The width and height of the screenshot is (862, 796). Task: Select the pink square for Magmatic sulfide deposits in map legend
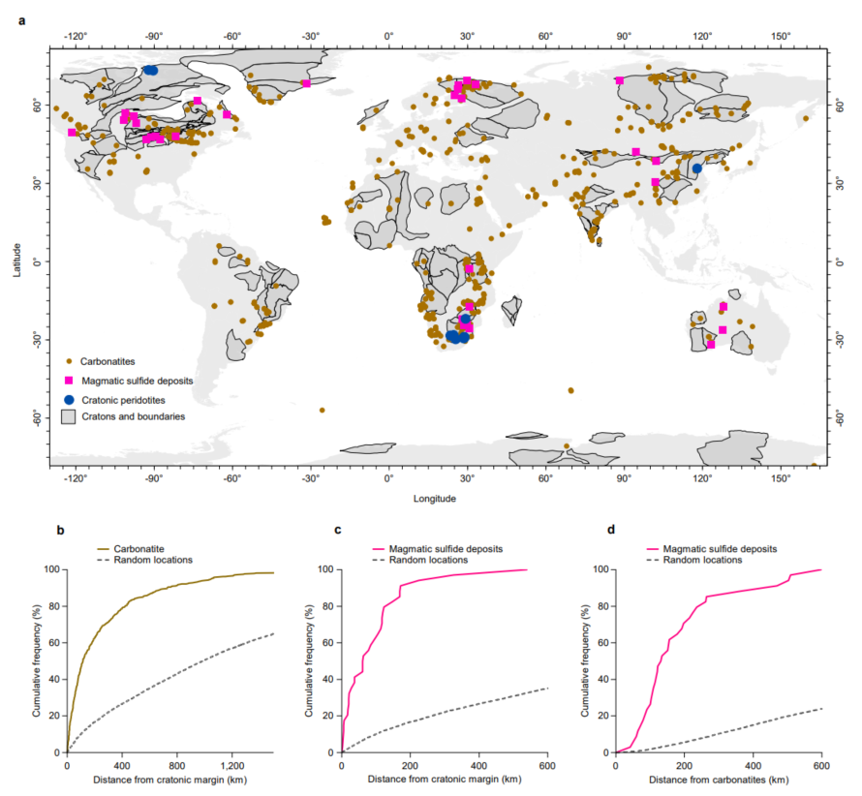tap(69, 381)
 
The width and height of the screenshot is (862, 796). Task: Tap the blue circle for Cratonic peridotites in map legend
tap(69, 399)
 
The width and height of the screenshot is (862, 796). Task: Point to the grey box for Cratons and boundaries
tap(69, 417)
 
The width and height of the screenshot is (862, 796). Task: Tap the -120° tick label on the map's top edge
tap(76, 36)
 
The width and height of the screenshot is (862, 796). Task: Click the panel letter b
tap(61, 531)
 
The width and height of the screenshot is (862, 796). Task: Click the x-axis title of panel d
tap(719, 780)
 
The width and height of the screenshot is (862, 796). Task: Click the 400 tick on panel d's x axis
tap(753, 765)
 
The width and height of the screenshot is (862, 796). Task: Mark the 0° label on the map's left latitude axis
tap(38, 262)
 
